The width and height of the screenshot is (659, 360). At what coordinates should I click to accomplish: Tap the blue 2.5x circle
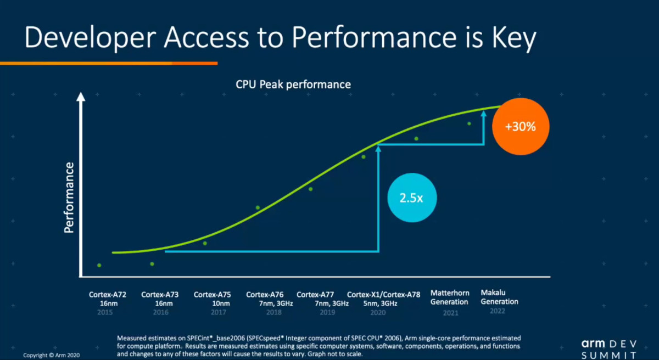click(x=412, y=198)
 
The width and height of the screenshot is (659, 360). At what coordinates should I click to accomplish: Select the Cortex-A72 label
click(x=108, y=295)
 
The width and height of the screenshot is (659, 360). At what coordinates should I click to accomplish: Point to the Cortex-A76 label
click(x=265, y=295)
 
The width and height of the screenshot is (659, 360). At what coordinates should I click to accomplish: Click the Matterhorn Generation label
click(x=449, y=297)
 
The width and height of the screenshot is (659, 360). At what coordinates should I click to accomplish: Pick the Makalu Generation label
click(x=499, y=297)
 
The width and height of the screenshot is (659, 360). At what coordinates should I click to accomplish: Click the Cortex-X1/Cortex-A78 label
click(x=383, y=295)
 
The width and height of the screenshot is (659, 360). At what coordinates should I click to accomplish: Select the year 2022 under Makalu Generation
click(x=497, y=311)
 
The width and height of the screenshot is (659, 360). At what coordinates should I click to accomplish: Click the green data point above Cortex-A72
click(x=99, y=265)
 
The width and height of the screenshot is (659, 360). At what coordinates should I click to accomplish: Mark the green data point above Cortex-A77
click(x=311, y=189)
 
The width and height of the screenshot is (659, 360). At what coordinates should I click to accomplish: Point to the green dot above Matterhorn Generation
click(x=416, y=138)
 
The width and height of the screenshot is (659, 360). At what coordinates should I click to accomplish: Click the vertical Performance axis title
click(x=69, y=198)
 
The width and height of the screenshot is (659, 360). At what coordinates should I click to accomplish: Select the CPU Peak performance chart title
click(x=293, y=85)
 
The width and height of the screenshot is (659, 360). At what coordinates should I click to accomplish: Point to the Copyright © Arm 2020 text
click(x=52, y=355)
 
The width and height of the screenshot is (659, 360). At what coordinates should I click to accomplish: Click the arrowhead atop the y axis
click(x=81, y=97)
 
